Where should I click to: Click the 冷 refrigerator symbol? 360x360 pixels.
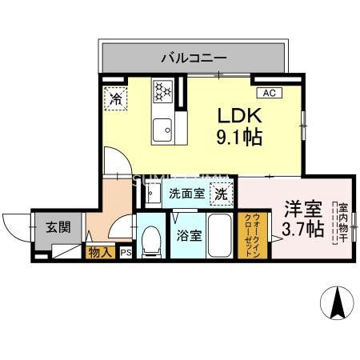[x=116, y=99]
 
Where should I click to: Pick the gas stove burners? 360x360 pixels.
[x=164, y=91]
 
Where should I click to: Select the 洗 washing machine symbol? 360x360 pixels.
[x=220, y=193]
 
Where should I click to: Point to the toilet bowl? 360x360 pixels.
[x=150, y=239]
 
